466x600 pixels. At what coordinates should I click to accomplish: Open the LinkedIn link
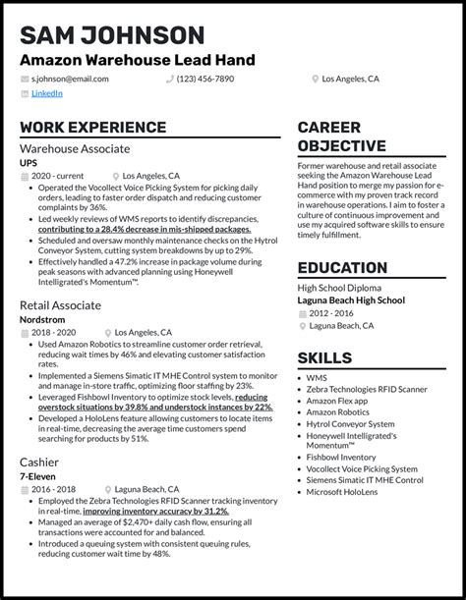click(x=46, y=94)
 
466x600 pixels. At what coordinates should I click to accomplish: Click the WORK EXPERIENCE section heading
click(x=92, y=128)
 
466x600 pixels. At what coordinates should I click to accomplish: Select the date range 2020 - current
click(x=57, y=175)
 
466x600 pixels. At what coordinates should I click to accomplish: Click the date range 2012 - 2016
click(x=331, y=312)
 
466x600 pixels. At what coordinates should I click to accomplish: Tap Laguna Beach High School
click(x=351, y=300)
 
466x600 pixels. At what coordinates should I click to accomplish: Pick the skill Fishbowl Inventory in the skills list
click(x=340, y=457)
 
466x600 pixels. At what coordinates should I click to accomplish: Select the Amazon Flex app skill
click(x=336, y=401)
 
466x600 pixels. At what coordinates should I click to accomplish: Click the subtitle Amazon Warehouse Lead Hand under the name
click(x=137, y=61)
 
